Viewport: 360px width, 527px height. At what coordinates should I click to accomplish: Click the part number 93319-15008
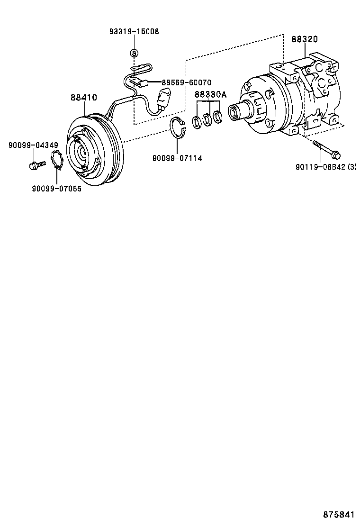pyautogui.click(x=134, y=31)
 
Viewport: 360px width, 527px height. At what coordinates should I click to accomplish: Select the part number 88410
pyautogui.click(x=84, y=98)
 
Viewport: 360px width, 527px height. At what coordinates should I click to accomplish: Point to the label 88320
pyautogui.click(x=304, y=39)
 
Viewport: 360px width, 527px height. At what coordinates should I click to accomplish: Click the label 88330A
pyautogui.click(x=210, y=95)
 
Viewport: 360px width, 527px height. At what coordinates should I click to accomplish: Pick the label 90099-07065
pyautogui.click(x=56, y=189)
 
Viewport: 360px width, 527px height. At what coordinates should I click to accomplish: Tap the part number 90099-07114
pyautogui.click(x=177, y=158)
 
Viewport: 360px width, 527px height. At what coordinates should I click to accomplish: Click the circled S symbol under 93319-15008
pyautogui.click(x=134, y=52)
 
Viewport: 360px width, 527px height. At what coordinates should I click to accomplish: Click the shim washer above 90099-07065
pyautogui.click(x=58, y=160)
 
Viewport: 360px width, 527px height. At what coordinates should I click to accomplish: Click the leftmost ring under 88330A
pyautogui.click(x=196, y=122)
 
